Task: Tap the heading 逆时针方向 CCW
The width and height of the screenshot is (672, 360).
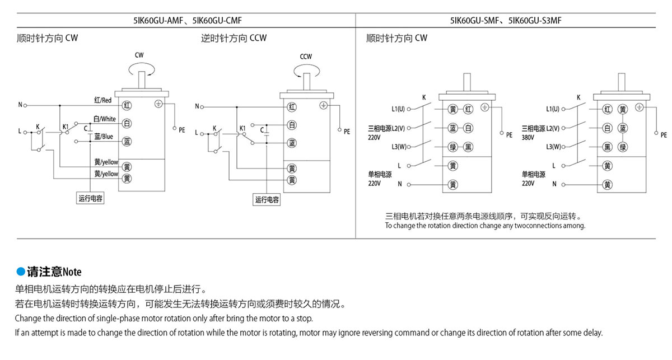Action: (x=234, y=39)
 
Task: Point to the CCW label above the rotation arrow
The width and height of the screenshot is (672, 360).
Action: (x=306, y=57)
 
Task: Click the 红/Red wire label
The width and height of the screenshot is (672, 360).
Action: (x=104, y=100)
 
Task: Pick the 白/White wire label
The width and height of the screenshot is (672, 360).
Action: (x=105, y=119)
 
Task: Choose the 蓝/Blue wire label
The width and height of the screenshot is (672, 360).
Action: (x=104, y=137)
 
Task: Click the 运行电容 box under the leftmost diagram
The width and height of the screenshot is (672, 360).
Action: (x=91, y=198)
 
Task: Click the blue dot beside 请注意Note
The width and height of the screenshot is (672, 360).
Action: (x=21, y=272)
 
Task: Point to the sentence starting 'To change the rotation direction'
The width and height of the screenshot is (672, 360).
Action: (x=485, y=226)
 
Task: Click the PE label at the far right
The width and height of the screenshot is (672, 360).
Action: (x=664, y=135)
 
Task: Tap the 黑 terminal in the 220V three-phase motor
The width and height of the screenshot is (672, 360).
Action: (x=469, y=147)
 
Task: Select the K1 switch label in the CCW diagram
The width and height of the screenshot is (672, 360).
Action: (x=242, y=128)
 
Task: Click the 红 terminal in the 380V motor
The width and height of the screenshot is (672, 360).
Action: (x=607, y=109)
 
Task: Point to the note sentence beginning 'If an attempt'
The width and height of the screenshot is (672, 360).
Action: (x=309, y=333)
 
